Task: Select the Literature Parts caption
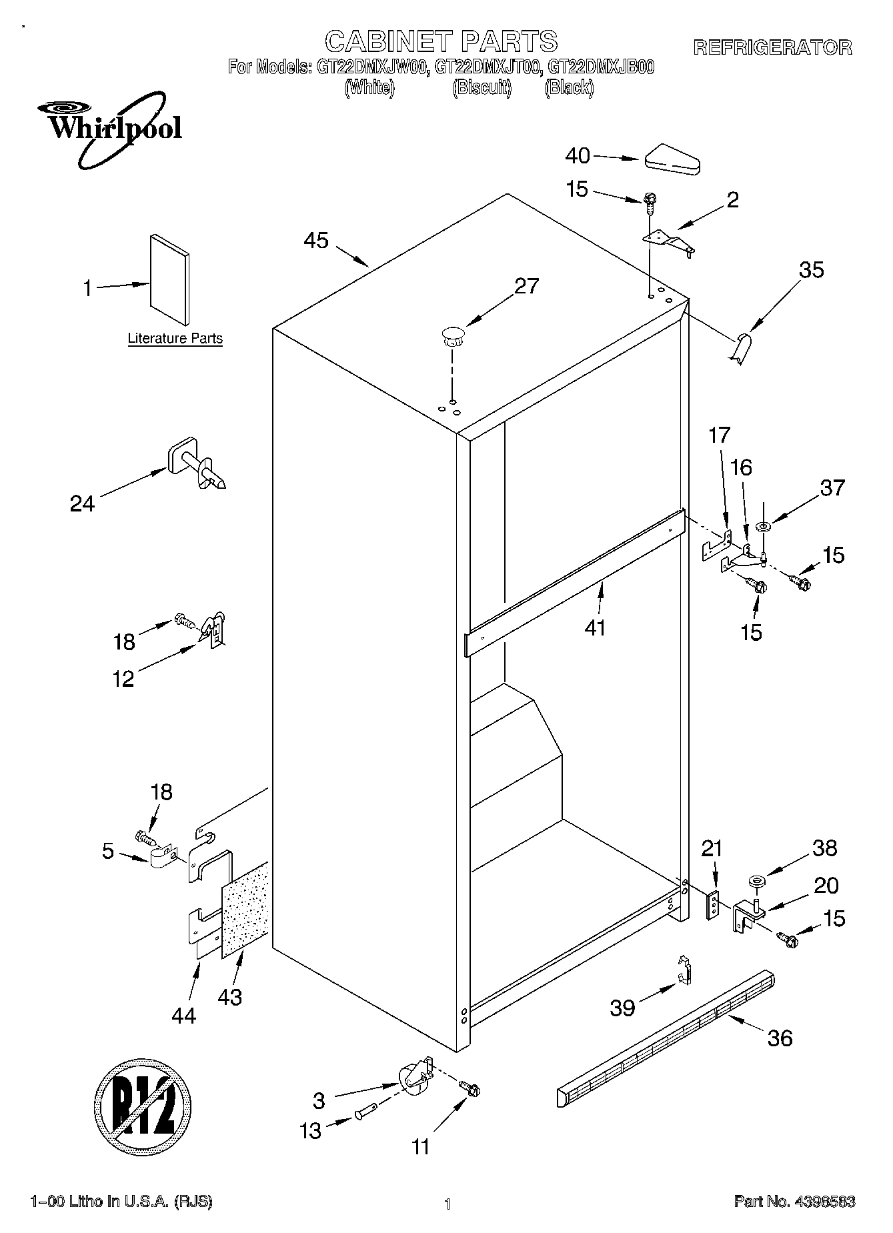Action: click(175, 339)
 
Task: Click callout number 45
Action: click(316, 241)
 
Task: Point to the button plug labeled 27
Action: click(452, 335)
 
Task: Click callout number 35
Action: click(812, 270)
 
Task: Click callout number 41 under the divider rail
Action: click(595, 628)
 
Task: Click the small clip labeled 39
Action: click(684, 970)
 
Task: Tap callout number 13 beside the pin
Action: click(311, 1131)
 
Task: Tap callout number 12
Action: click(124, 679)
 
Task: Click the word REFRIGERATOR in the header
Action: click(773, 47)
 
